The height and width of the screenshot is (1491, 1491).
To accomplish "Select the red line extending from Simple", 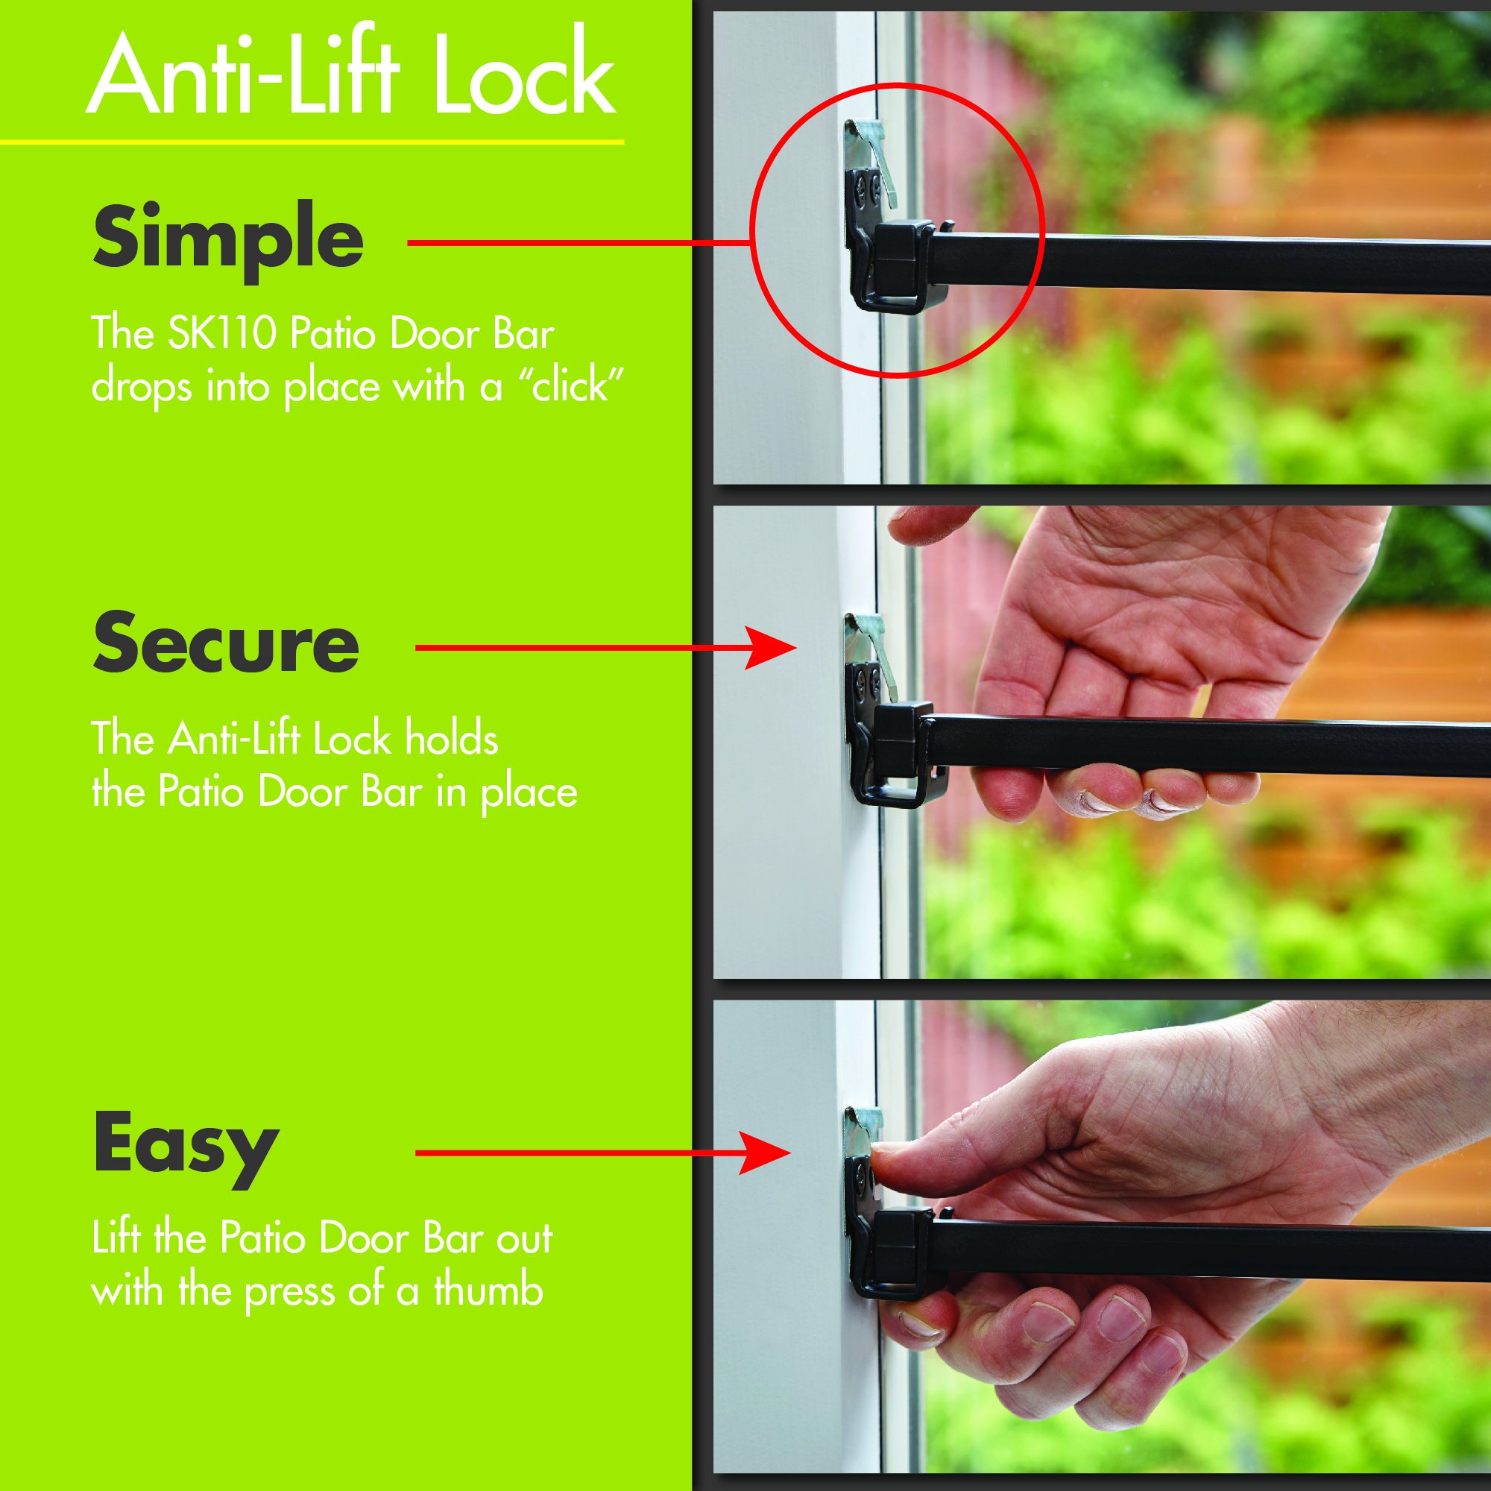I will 579,242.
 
